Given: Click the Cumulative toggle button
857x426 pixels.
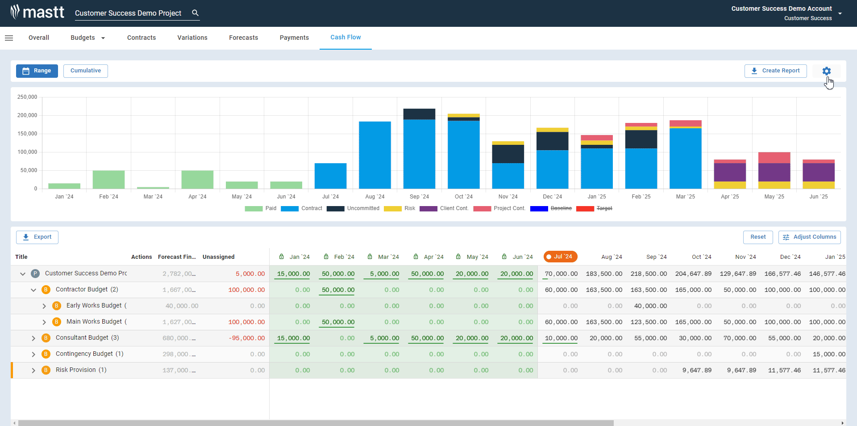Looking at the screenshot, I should click(x=85, y=71).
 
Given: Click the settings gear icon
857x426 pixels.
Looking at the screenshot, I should click(x=826, y=71).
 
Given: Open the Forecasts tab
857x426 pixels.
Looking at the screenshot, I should click(x=243, y=38).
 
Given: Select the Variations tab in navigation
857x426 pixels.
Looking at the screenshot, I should click(x=192, y=38).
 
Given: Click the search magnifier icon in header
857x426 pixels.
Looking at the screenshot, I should click(x=195, y=13).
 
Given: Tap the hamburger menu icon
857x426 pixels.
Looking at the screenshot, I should click(x=9, y=38).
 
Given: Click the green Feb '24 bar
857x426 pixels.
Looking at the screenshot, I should click(x=108, y=179).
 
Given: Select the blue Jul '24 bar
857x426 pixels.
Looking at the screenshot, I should click(x=330, y=176).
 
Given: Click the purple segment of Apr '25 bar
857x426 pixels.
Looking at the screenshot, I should click(x=730, y=172).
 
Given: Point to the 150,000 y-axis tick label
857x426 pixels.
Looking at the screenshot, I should click(x=27, y=134).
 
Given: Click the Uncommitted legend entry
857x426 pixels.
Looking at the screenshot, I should click(x=353, y=208).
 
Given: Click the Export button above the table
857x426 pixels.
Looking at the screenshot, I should click(x=37, y=237).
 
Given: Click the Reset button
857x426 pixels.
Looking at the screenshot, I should click(x=757, y=237).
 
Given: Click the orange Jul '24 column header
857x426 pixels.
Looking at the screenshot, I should click(x=561, y=257).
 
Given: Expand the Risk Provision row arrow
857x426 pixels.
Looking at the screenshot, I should click(x=33, y=370).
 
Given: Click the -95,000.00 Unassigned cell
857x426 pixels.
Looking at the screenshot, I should click(x=247, y=338).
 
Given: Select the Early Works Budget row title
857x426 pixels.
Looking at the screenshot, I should click(x=94, y=305).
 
